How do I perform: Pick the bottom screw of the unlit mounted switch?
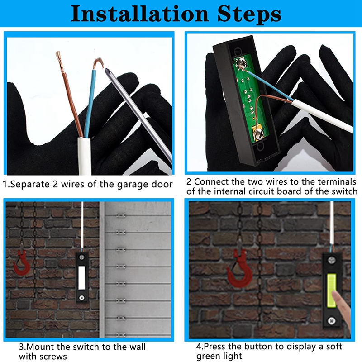click(x=82, y=297)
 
